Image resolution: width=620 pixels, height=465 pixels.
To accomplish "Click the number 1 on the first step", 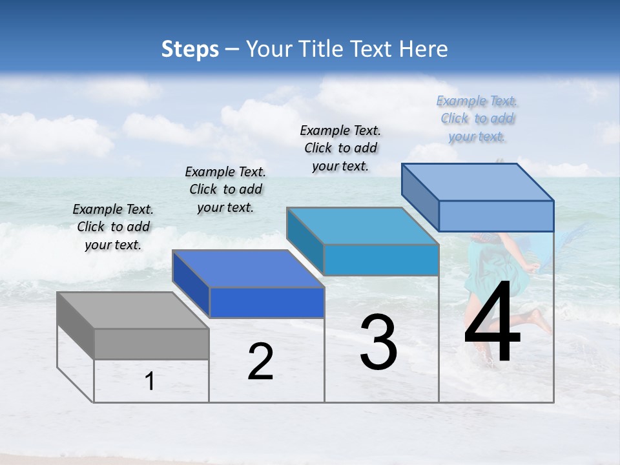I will pyautogui.click(x=150, y=382).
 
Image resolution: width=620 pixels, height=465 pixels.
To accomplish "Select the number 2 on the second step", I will pyautogui.click(x=260, y=362).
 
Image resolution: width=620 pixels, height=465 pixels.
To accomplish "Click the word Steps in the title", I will pyautogui.click(x=190, y=49).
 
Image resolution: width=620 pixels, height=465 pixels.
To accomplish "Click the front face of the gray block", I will pyautogui.click(x=151, y=344).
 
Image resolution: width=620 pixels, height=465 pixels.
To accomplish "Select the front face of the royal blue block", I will pyautogui.click(x=267, y=302).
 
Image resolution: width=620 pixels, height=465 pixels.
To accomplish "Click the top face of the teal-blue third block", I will pyautogui.click(x=362, y=226).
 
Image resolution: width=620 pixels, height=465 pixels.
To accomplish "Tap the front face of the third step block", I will pyautogui.click(x=381, y=260).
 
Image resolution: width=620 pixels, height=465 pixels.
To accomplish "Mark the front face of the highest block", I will pyautogui.click(x=496, y=216).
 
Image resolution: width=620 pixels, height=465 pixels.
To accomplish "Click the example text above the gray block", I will pyautogui.click(x=113, y=227).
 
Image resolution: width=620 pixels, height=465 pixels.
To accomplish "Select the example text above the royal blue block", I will pyautogui.click(x=225, y=189).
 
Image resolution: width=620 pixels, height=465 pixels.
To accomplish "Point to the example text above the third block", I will pyautogui.click(x=340, y=148).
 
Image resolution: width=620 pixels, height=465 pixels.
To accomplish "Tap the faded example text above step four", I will pyautogui.click(x=477, y=118).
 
